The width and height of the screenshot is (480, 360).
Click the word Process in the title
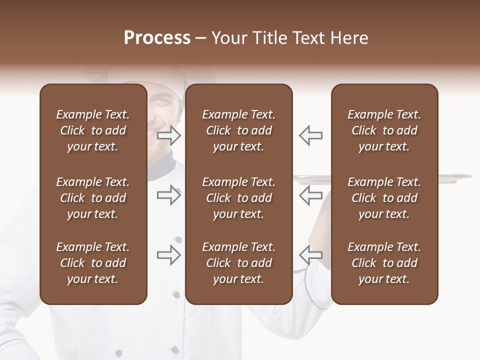157,38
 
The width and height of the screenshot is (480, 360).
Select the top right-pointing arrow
169,135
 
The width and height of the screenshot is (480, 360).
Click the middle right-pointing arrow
169,195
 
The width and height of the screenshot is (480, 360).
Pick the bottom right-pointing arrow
169,255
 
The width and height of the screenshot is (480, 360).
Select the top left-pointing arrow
311,135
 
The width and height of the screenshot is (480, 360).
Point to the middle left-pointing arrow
311,195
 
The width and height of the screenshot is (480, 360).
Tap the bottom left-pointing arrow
311,255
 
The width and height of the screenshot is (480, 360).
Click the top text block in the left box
93,130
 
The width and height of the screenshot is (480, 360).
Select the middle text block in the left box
93,198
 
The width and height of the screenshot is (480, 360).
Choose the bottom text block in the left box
93,263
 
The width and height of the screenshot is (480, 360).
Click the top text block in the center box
238,130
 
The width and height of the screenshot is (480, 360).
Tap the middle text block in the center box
238,198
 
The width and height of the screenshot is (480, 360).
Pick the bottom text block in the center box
238,263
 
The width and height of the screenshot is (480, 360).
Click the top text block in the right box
384,130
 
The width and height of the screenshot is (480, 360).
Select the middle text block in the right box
384,198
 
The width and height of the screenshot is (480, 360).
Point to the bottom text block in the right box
384,263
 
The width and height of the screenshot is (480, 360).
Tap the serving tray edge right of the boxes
455,176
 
